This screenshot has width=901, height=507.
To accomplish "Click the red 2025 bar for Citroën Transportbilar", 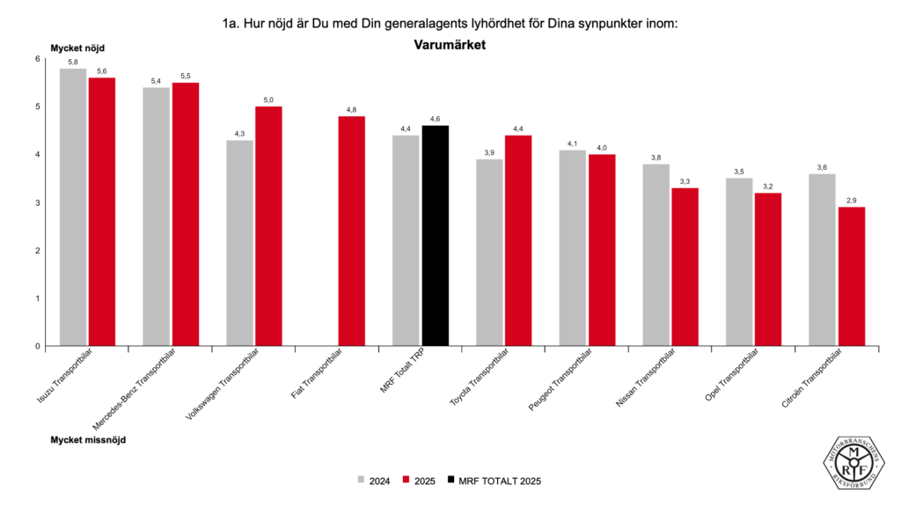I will click(851, 276).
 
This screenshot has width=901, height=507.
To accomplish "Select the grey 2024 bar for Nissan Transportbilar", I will click(656, 255).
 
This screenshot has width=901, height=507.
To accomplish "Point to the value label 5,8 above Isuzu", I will click(73, 62).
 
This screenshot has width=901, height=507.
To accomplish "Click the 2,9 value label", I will click(851, 200).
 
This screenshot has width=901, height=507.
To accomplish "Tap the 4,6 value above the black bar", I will click(435, 118).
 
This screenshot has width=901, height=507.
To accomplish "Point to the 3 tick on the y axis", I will click(37, 202).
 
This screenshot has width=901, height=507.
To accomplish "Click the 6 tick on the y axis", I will click(37, 59).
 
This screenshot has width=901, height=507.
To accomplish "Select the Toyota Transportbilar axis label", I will click(480, 379).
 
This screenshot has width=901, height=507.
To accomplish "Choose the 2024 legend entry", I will click(374, 481).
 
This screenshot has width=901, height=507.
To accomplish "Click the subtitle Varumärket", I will click(450, 43).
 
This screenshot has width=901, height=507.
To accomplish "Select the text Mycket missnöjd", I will click(88, 438).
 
